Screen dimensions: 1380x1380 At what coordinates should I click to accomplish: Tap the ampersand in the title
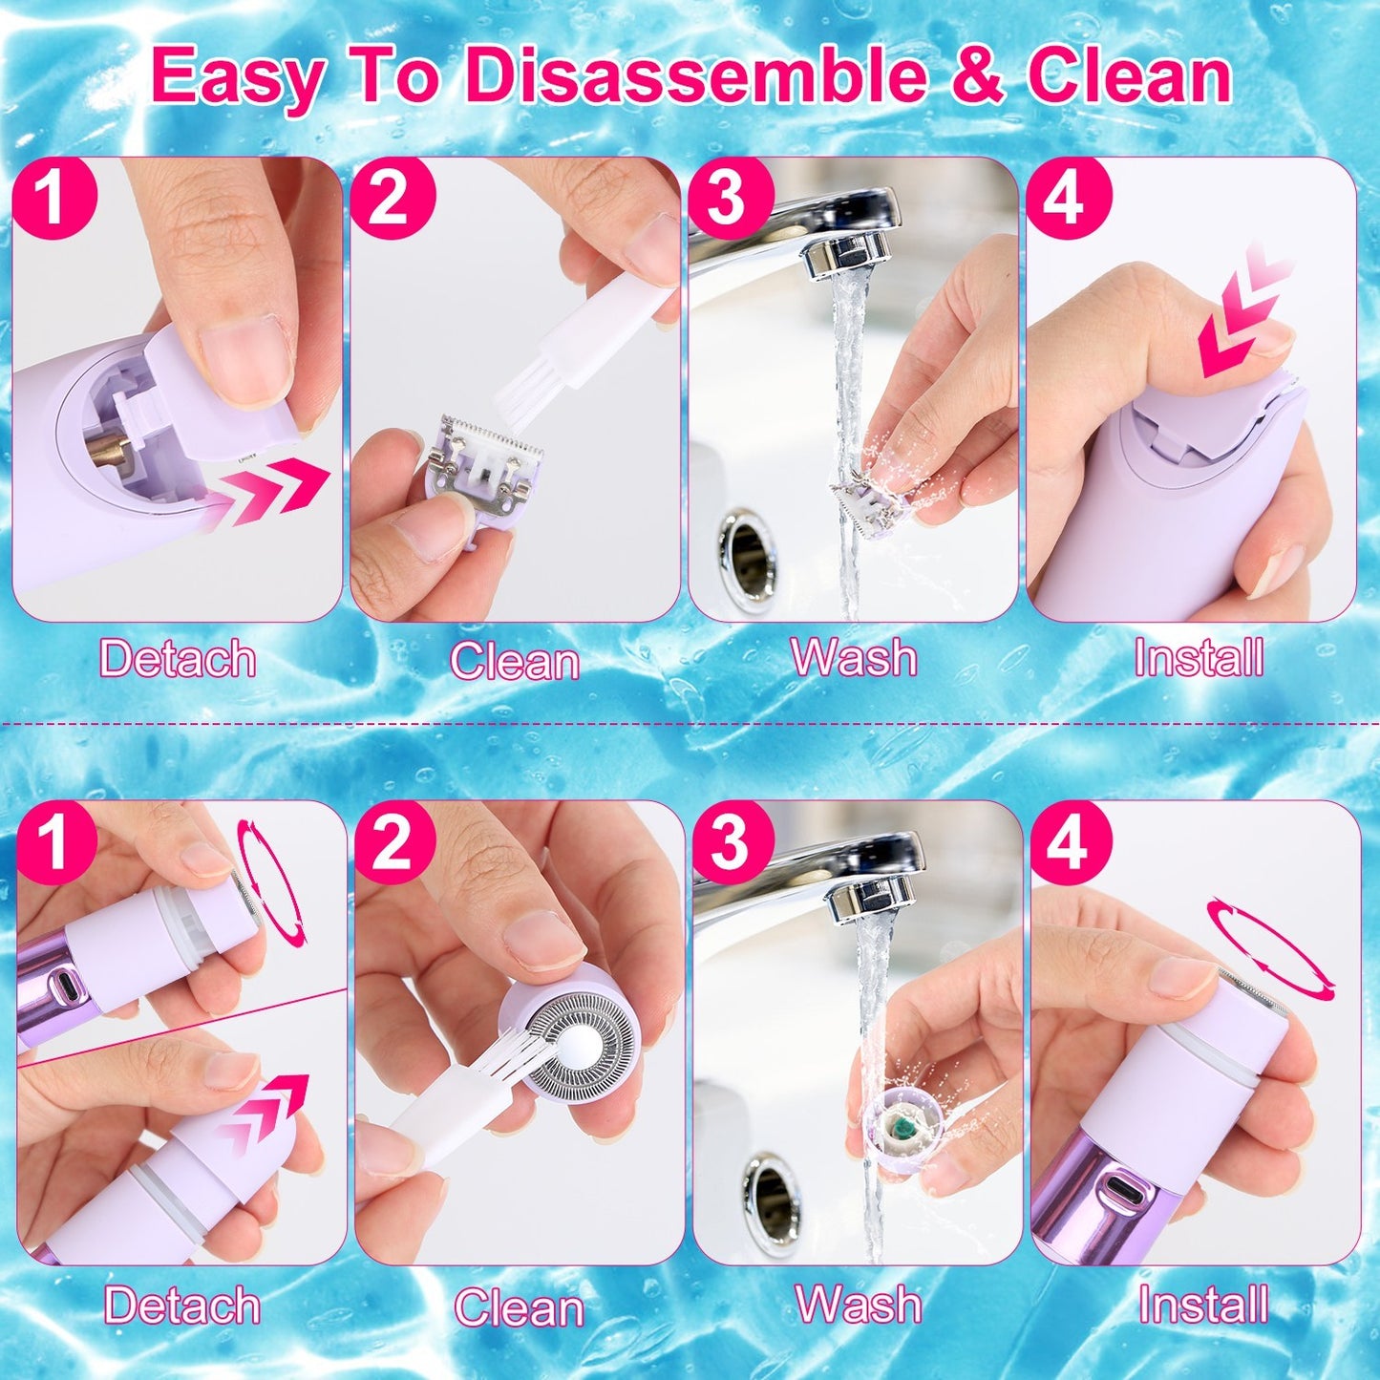975,78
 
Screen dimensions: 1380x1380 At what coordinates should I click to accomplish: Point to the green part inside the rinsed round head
901,1128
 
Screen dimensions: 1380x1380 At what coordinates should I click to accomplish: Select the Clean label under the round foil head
519,1307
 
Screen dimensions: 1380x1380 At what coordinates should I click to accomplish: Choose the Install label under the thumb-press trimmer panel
1199,658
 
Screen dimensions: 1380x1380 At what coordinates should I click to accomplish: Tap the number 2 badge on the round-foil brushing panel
395,843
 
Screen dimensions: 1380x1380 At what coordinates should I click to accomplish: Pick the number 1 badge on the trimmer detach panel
54,199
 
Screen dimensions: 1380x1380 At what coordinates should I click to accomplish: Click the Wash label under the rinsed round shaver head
859,1305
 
